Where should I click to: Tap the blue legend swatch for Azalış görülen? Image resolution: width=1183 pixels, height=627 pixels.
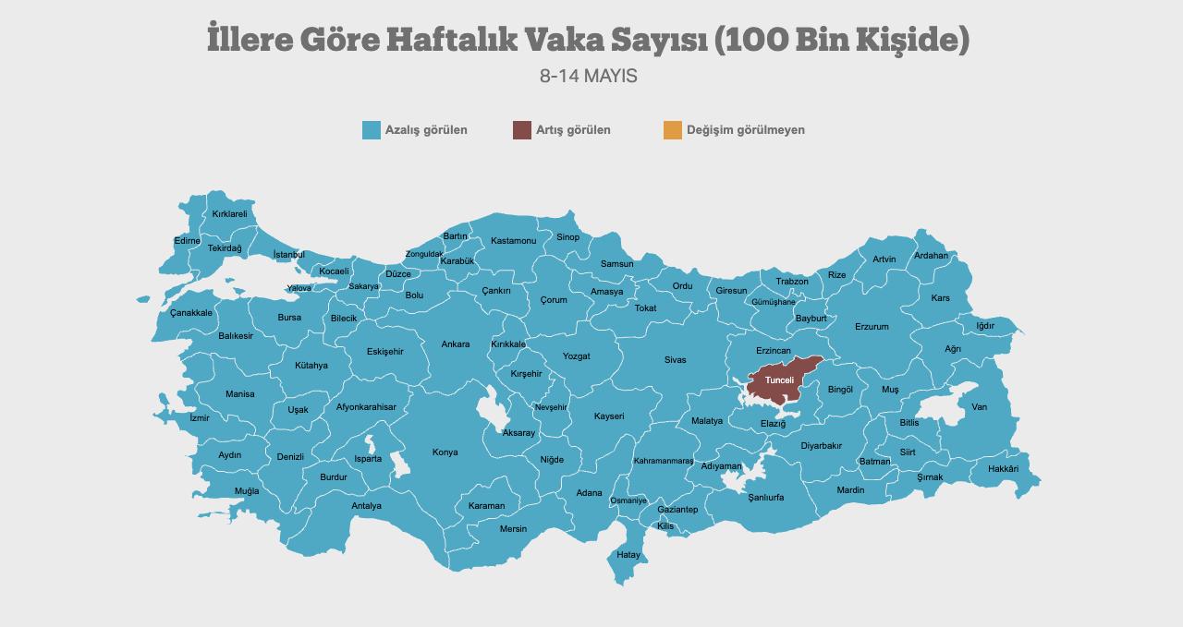click(x=372, y=130)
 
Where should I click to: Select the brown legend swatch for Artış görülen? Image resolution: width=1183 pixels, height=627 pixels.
click(x=522, y=130)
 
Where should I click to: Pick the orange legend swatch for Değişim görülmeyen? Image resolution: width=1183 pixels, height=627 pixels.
click(x=673, y=130)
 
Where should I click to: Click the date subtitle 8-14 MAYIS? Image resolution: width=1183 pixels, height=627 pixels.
click(x=589, y=76)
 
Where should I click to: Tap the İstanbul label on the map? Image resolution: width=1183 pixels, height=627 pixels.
click(x=288, y=255)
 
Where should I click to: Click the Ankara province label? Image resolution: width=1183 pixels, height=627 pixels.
click(x=455, y=344)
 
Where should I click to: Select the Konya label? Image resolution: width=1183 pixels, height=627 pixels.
click(x=445, y=452)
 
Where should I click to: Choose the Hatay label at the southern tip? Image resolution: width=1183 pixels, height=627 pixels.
click(x=628, y=555)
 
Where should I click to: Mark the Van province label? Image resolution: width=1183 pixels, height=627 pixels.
click(x=979, y=407)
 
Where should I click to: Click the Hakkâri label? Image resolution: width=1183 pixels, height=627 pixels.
click(x=1003, y=469)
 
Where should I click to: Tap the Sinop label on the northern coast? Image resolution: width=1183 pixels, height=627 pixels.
click(x=567, y=237)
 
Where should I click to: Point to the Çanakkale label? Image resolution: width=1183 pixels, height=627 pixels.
click(x=191, y=313)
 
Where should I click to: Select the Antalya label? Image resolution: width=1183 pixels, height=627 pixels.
click(x=366, y=506)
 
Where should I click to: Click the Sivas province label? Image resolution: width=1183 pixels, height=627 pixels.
click(x=675, y=360)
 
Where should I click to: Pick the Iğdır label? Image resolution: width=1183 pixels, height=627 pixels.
click(x=985, y=326)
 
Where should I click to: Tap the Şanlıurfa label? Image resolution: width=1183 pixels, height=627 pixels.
click(x=765, y=498)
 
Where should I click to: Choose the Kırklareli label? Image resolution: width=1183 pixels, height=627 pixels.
click(x=230, y=214)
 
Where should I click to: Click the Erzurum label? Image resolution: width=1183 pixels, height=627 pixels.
click(x=872, y=327)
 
